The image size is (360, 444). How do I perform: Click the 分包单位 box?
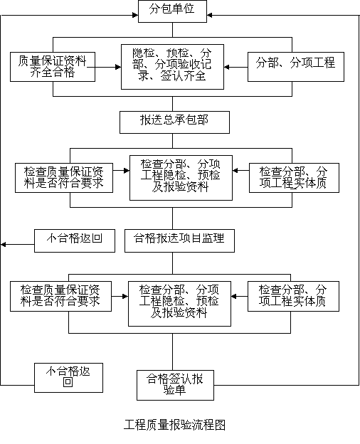tap(172, 11)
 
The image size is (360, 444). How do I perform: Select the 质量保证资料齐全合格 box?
tap(53, 67)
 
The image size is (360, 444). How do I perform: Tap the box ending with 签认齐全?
tap(172, 67)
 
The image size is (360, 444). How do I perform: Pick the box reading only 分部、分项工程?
tap(296, 67)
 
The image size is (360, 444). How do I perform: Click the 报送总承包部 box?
tap(174, 122)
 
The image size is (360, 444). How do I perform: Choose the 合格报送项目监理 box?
tap(179, 240)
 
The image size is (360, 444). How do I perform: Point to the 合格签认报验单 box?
tap(175, 385)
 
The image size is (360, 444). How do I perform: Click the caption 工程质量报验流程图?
tap(174, 425)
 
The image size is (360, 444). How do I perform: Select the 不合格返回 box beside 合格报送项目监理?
tap(75, 240)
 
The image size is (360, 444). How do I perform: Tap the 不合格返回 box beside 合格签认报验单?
tap(68, 378)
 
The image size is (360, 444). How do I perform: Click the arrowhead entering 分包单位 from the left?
tap(135, 15)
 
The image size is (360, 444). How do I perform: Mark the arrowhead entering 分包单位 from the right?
tap(210, 15)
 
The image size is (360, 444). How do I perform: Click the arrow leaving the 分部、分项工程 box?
tap(235, 67)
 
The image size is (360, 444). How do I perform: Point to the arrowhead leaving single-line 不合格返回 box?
tap(3, 244)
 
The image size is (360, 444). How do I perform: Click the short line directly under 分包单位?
tap(172, 30)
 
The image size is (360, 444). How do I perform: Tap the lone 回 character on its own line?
tap(68, 382)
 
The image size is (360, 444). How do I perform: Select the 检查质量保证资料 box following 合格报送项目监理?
tap(60, 296)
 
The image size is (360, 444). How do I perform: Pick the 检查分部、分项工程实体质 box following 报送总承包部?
tap(294, 178)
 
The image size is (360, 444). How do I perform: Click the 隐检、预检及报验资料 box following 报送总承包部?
tap(181, 178)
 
